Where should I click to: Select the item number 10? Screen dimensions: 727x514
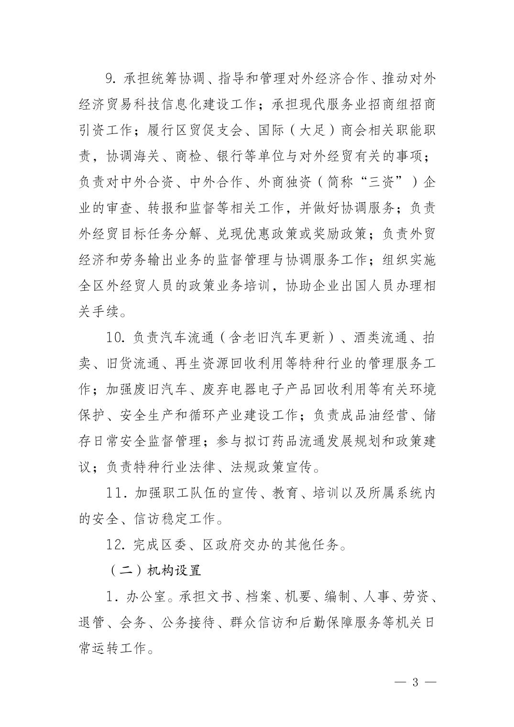point(116,338)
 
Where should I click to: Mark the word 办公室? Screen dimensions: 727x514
point(146,596)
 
